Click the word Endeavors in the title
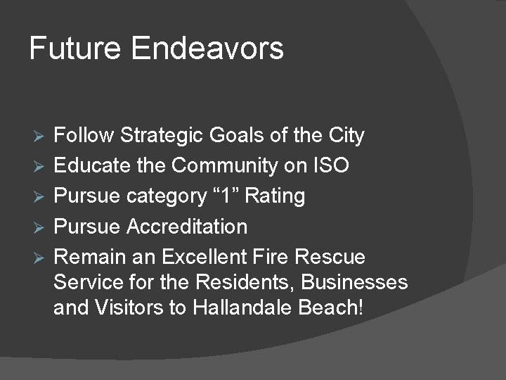(x=207, y=49)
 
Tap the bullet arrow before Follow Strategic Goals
(x=39, y=135)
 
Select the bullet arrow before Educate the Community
(x=39, y=166)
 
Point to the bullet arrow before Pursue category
(x=39, y=196)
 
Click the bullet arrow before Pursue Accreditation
(x=39, y=227)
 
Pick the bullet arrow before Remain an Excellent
(x=39, y=258)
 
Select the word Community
(x=235, y=165)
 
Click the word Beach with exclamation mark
(x=331, y=308)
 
